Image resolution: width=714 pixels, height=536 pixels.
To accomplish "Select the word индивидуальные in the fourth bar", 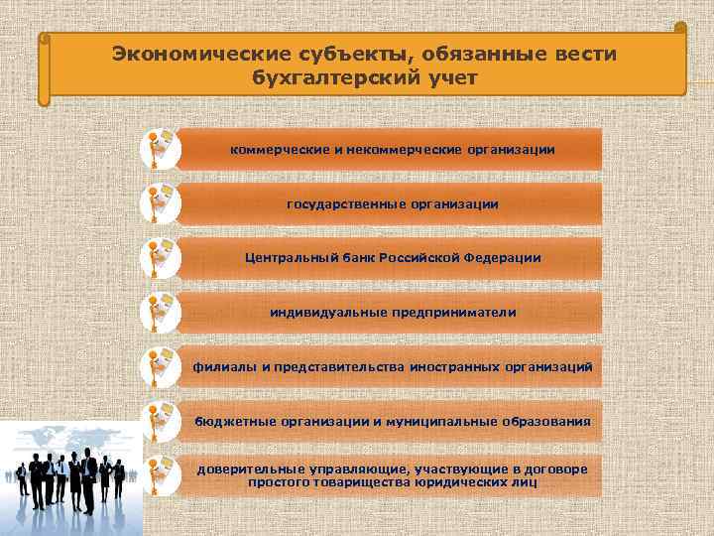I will [317, 313].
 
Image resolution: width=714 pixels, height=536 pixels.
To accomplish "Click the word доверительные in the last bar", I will [246, 469].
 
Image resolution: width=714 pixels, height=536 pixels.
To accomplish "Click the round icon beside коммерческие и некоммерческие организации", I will [160, 148].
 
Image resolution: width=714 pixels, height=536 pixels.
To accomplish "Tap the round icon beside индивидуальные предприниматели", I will [160, 312].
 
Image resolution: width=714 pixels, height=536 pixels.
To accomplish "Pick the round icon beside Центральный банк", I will [160, 257].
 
